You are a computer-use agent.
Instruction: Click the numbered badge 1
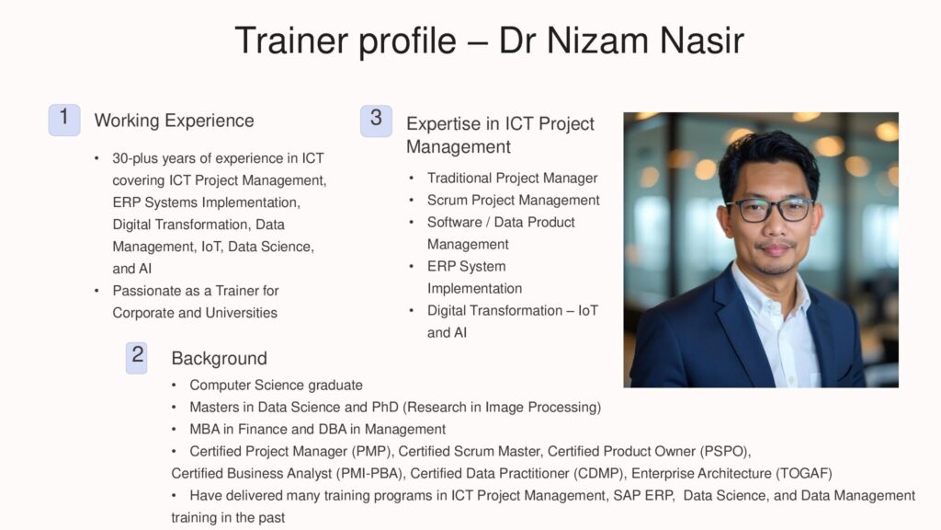point(64,121)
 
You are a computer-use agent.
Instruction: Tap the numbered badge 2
point(137,358)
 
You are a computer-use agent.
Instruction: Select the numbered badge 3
point(376,121)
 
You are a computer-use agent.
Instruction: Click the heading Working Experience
point(174,121)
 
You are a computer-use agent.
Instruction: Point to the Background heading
point(219,358)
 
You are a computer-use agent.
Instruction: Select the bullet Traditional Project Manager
point(512,178)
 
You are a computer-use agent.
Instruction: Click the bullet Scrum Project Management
point(513,200)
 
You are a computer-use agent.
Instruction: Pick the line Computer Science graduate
point(276,385)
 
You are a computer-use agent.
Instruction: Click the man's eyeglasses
point(771,210)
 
